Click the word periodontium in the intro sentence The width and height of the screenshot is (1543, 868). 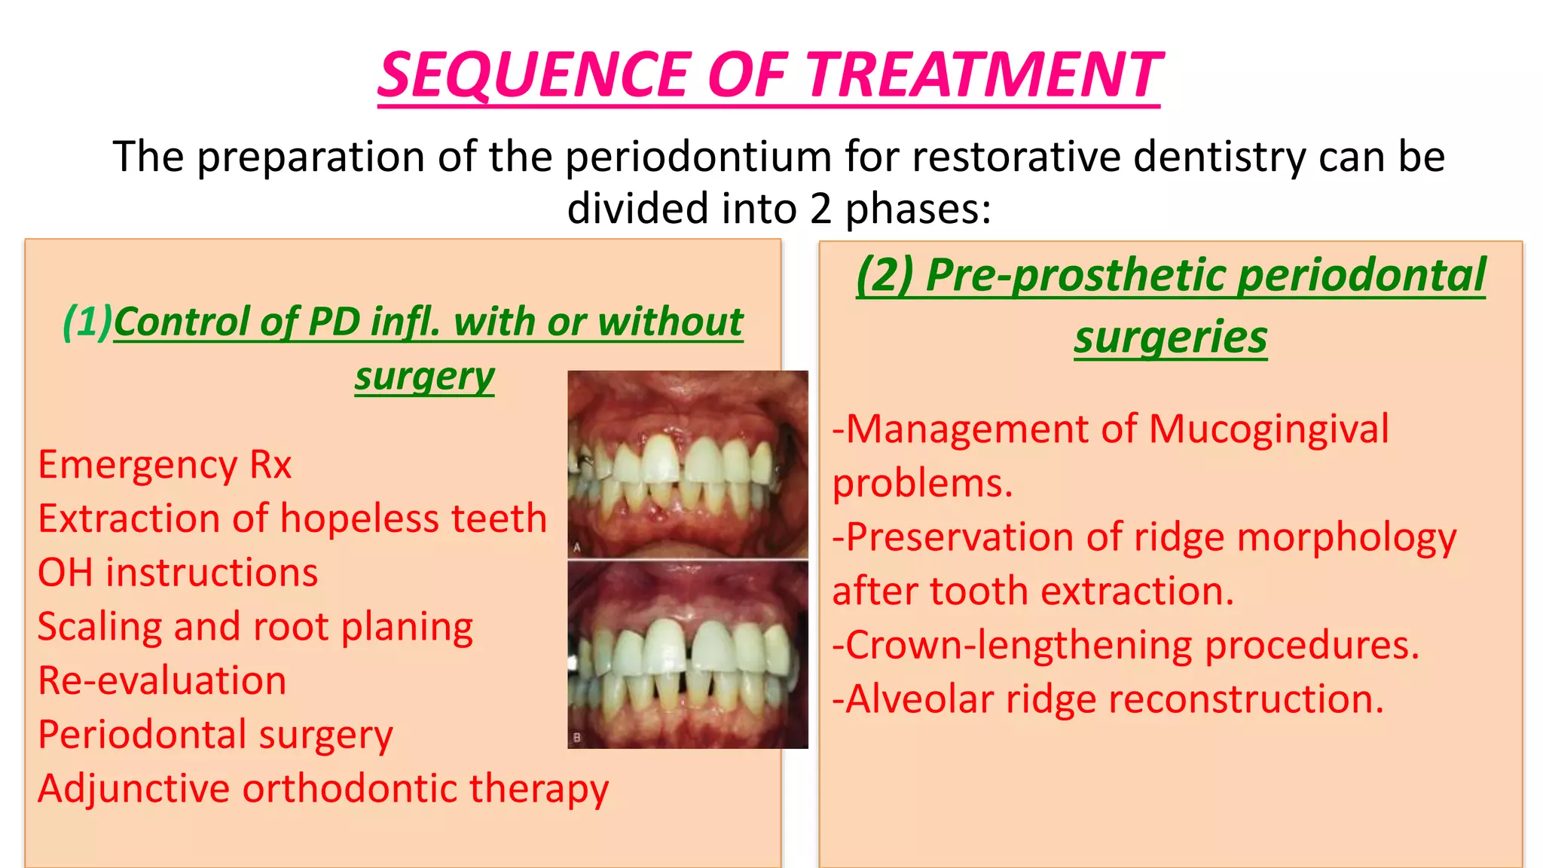point(698,157)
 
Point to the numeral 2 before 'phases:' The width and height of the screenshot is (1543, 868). point(820,209)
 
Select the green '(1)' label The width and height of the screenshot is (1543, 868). point(87,322)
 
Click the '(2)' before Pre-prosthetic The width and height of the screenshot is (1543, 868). point(885,275)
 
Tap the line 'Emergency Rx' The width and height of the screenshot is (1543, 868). point(164,465)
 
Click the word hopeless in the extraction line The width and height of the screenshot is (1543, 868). point(359,519)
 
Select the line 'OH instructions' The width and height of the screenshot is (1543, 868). point(178,573)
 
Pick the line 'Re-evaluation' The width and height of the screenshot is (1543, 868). point(162,681)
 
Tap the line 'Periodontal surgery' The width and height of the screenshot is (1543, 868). point(215,735)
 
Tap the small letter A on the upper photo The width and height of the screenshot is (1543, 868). point(577,548)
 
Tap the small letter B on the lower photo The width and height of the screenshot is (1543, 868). point(577,738)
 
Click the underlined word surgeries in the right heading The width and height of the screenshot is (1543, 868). point(1171,337)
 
